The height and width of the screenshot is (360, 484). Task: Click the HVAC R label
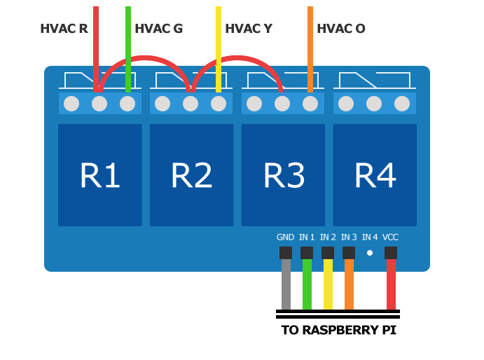coord(64,29)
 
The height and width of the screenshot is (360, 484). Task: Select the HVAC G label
coord(158,29)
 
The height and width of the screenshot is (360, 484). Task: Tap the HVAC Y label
coord(249,29)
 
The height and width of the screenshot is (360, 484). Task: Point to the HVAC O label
coord(340,29)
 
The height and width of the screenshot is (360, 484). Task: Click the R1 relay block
coord(100,175)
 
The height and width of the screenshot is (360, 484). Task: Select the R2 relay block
coord(191,175)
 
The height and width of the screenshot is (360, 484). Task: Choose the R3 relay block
coord(283,175)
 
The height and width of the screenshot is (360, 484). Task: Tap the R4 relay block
coord(375,175)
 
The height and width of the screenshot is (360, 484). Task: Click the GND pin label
coord(285,237)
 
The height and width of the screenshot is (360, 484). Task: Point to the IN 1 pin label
coord(307,237)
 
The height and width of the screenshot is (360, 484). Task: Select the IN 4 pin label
coord(370,237)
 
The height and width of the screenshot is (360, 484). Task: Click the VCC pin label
coord(390,237)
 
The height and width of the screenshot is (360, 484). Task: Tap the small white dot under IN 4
coord(370,253)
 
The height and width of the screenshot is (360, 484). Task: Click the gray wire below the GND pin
coord(286,284)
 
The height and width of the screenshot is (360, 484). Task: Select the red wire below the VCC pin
coord(391,284)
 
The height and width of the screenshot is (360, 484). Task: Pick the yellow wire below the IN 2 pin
coord(328,284)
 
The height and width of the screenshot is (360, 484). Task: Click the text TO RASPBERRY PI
coord(338,330)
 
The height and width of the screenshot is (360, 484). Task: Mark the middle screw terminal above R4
coord(374,104)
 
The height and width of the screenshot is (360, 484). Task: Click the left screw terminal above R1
coord(71,104)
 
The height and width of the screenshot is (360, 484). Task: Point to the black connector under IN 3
coord(349,253)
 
